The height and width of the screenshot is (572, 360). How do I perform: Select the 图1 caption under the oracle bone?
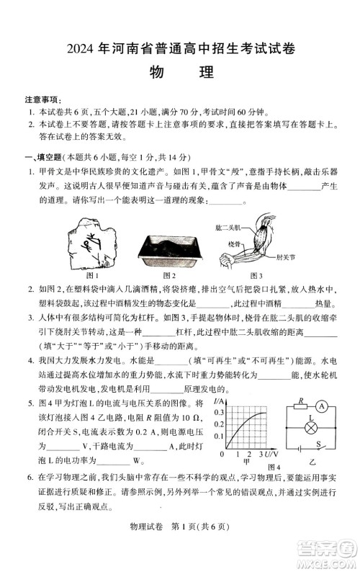click(x=92, y=275)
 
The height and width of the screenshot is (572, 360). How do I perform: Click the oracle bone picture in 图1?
click(x=91, y=246)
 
